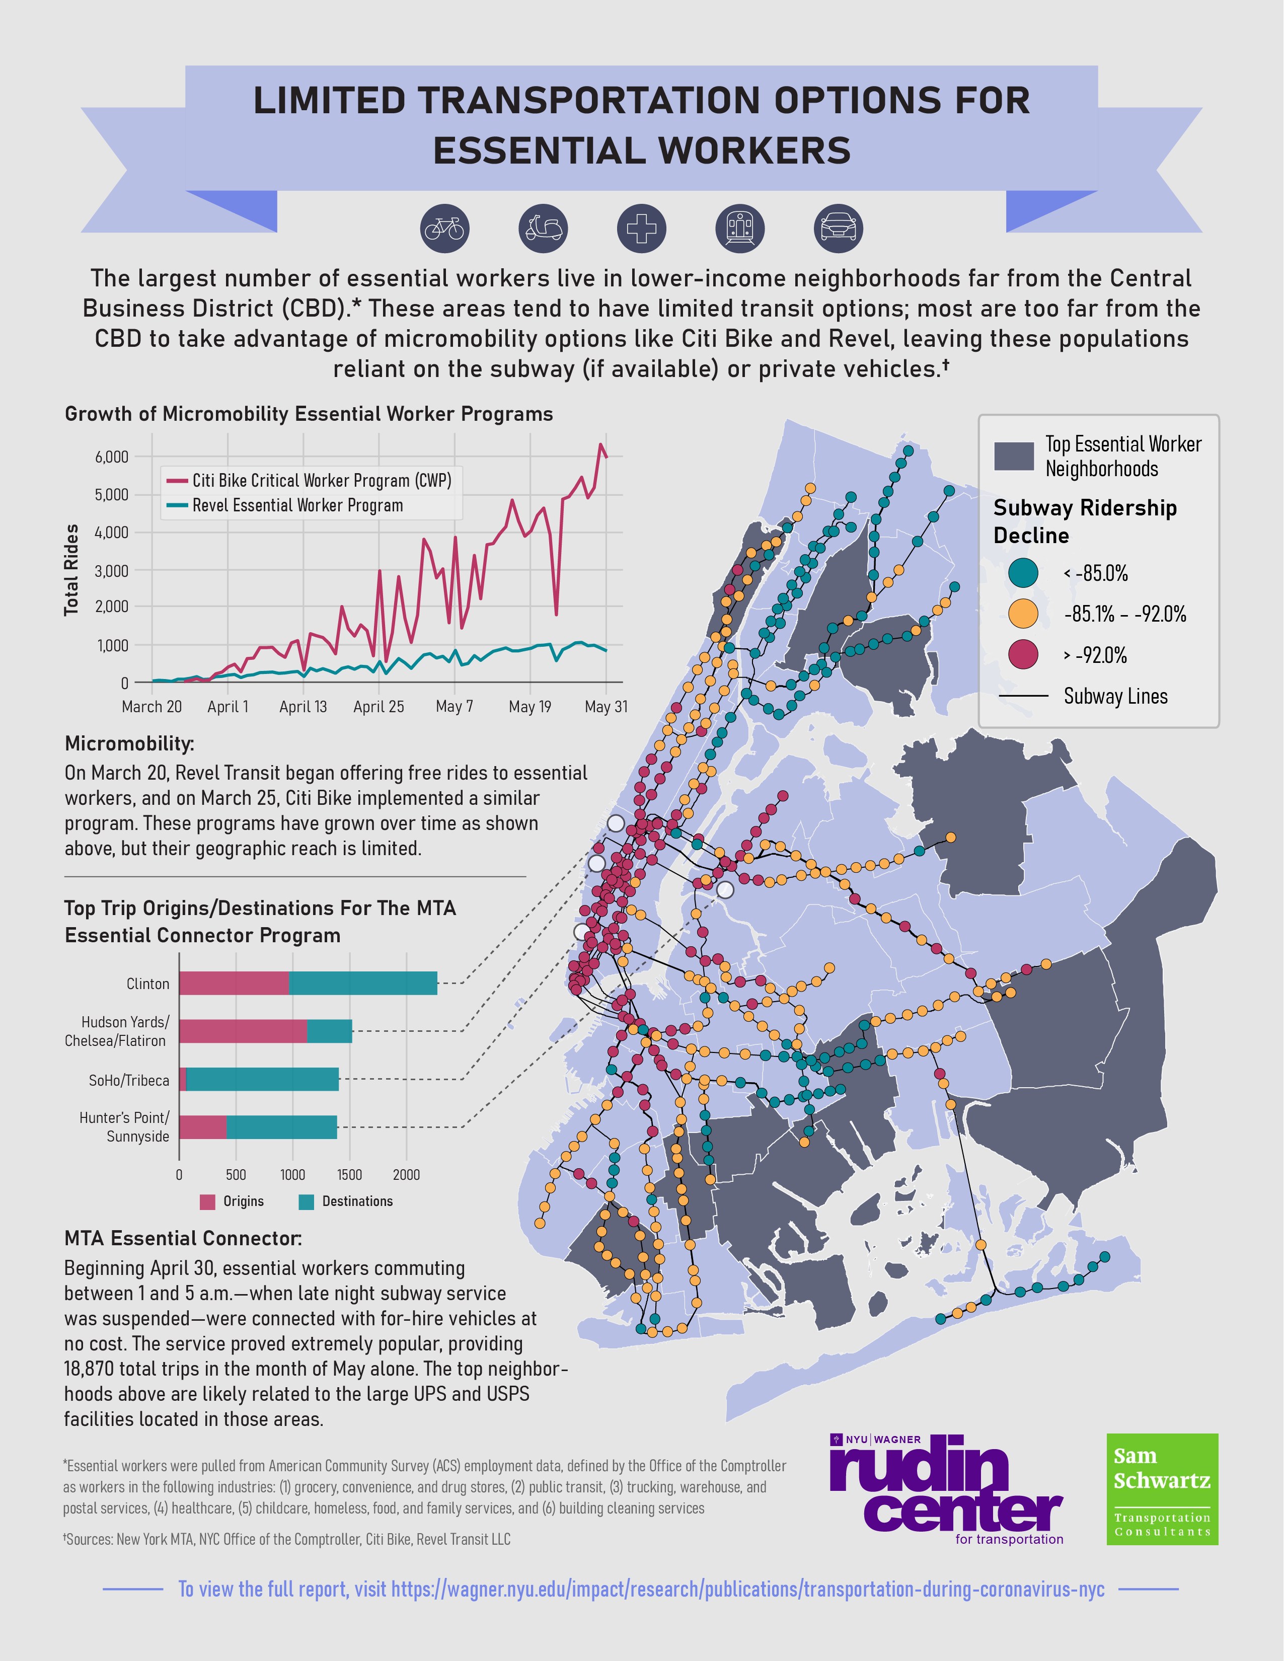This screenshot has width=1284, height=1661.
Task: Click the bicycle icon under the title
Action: [445, 228]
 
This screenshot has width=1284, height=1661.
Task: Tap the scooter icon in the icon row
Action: [543, 228]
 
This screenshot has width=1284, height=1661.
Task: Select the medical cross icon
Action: [641, 228]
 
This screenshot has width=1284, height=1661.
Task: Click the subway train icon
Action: [739, 228]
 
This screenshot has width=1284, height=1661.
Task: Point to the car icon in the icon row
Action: [838, 228]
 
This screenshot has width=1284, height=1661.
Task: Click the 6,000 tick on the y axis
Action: [112, 457]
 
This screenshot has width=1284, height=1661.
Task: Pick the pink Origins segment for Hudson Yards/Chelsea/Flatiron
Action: [243, 1031]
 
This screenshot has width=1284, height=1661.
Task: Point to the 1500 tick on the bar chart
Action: [349, 1175]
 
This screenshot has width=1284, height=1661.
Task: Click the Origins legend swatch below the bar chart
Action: [207, 1201]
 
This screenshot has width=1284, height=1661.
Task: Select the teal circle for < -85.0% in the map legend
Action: [1023, 573]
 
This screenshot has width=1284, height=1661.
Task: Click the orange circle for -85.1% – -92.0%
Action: [1023, 614]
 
